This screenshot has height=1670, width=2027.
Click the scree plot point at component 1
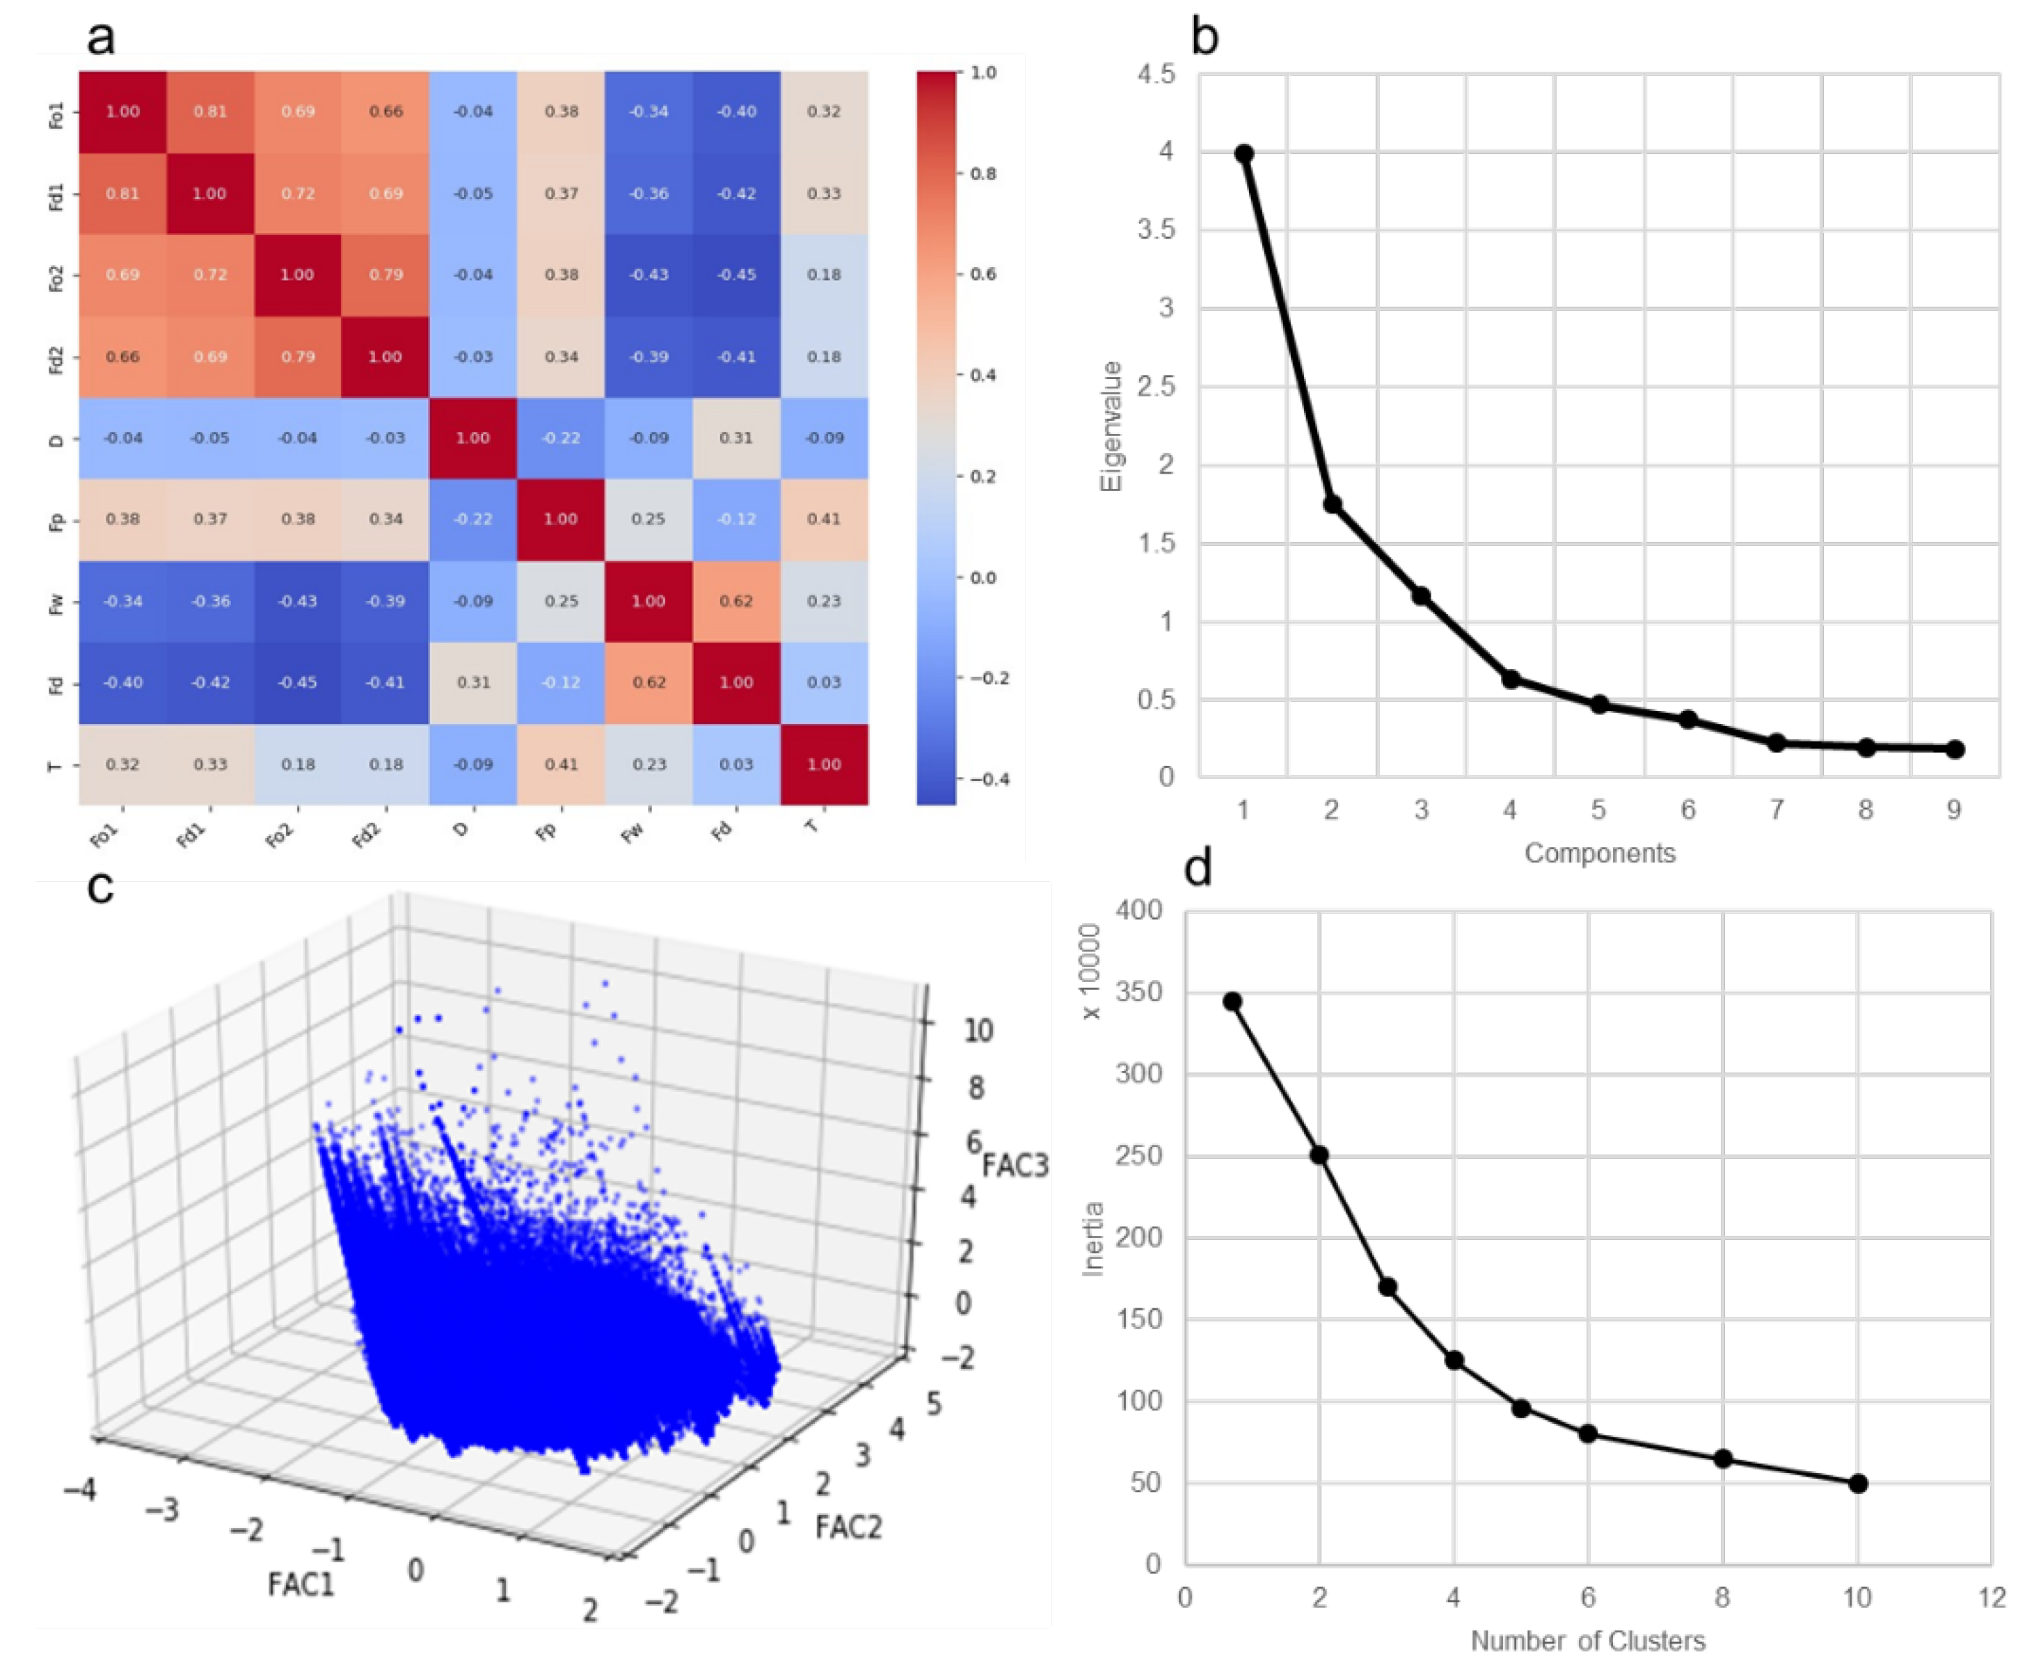[x=1243, y=154]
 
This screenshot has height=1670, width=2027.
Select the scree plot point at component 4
[x=1510, y=679]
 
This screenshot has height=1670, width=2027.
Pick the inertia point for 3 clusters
[x=1387, y=1287]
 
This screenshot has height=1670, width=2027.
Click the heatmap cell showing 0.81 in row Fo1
[x=210, y=111]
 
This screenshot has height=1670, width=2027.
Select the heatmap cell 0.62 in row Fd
[x=648, y=682]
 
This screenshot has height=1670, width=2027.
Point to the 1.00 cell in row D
[x=472, y=437]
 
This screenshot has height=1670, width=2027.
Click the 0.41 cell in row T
[x=561, y=764]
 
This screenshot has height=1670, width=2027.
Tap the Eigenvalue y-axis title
[x=1112, y=426]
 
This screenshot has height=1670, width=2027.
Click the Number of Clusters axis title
[x=1587, y=1640]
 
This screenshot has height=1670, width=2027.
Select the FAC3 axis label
[x=1015, y=1165]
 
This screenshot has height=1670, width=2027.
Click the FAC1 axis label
[x=301, y=1584]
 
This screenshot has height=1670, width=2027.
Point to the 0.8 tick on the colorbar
[x=982, y=174]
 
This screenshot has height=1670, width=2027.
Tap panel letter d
[x=1198, y=868]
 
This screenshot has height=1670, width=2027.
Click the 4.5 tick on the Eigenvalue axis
[x=1156, y=74]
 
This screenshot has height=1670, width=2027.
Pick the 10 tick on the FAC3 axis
[x=978, y=1030]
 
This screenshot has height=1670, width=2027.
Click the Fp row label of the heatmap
[x=56, y=520]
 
